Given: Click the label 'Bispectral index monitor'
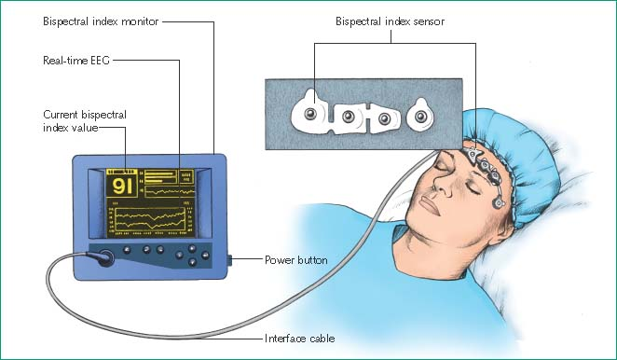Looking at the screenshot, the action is tap(101, 21).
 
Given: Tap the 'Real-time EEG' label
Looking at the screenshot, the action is tap(76, 61).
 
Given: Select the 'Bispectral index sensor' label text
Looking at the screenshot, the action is tap(390, 21).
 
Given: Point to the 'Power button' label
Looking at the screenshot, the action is tap(295, 260).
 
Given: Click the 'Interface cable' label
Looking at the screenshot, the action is tap(300, 339).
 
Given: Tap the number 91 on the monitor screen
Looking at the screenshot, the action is tap(122, 186).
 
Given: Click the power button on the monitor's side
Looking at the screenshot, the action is tap(229, 260).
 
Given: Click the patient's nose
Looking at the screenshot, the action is tap(443, 185).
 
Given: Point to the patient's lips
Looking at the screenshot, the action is tap(430, 205).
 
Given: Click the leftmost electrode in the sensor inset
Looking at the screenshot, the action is tap(310, 114).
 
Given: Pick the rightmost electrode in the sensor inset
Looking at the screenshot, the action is tap(420, 116).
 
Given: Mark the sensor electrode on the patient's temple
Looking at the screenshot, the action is tap(499, 203).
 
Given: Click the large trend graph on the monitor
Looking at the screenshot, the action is tap(151, 219).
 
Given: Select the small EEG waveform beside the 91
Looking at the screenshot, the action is tap(170, 192).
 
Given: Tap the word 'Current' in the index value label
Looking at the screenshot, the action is tap(60, 115).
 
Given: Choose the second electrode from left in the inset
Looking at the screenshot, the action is tap(348, 117).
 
